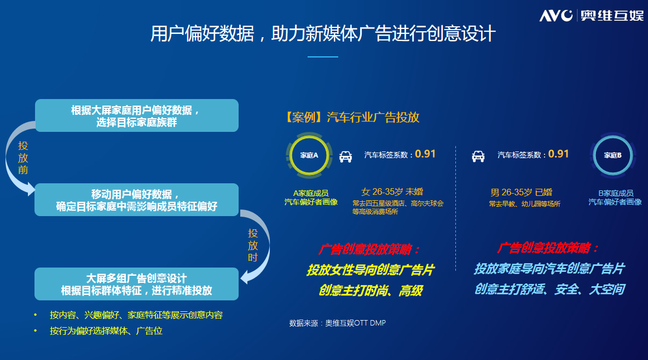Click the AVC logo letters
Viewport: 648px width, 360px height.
tap(556, 16)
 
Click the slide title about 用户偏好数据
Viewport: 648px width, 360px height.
tap(323, 33)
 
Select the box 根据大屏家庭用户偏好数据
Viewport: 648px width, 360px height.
tap(137, 115)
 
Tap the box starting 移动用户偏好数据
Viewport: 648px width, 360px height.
tap(137, 200)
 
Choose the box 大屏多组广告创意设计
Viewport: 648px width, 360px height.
tap(137, 284)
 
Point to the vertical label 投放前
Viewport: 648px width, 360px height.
tap(23, 158)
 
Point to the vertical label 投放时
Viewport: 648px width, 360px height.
tap(253, 246)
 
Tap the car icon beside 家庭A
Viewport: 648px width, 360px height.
tap(345, 156)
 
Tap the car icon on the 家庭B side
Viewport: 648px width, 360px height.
tap(478, 156)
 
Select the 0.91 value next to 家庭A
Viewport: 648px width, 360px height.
tap(425, 154)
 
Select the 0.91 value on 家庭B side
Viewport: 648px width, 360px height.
tap(558, 154)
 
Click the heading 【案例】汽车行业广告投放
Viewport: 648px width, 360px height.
tap(352, 118)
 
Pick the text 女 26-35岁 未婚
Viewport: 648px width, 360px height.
tap(392, 192)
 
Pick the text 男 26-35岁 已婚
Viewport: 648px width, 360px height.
tap(521, 192)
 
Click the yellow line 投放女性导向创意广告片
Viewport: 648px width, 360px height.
tap(371, 270)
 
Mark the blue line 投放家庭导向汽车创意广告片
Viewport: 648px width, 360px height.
tap(549, 269)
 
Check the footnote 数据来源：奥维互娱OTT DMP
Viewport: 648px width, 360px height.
tap(337, 323)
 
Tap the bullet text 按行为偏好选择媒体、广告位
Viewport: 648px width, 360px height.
tap(106, 330)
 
